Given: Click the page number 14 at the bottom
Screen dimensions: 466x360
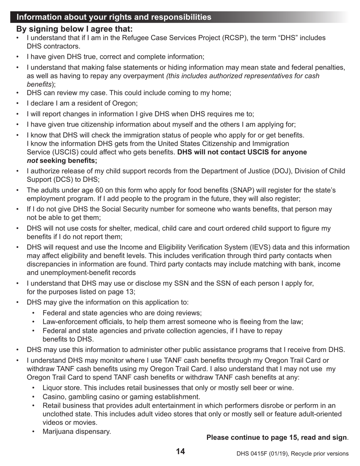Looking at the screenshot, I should pyautogui.click(x=180, y=451).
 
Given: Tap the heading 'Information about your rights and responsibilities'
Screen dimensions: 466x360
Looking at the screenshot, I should pyautogui.click(x=114, y=17).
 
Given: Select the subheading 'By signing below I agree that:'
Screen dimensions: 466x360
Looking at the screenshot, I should pyautogui.click(x=74, y=29).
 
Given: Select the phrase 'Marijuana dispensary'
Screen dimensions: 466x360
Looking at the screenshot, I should pyautogui.click(x=77, y=431).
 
